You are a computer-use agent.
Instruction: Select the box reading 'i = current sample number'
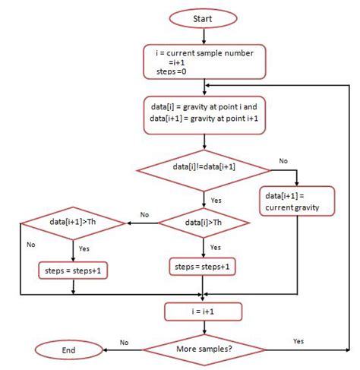(x=205, y=62)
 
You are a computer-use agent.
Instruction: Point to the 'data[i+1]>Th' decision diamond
(x=73, y=223)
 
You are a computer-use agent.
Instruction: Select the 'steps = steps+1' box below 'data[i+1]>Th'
(x=73, y=270)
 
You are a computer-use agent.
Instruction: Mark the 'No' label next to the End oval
(x=124, y=343)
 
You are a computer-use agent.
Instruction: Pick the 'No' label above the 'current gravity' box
(x=283, y=161)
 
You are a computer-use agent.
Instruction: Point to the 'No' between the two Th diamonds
(x=144, y=215)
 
